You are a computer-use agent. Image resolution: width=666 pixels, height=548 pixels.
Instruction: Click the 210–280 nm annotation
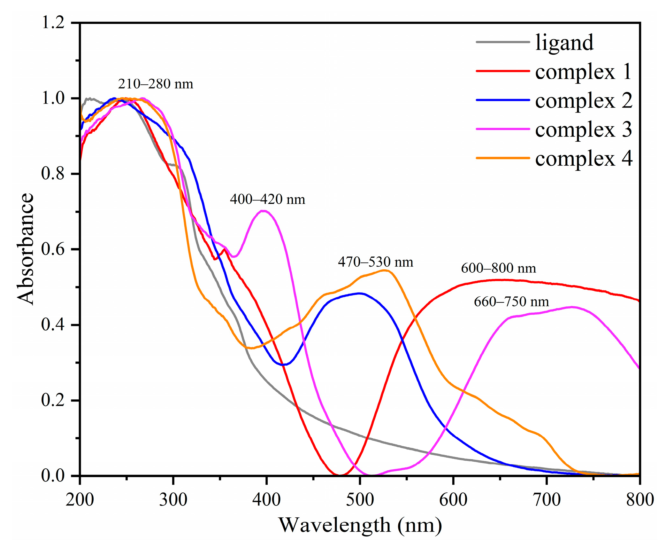tap(156, 84)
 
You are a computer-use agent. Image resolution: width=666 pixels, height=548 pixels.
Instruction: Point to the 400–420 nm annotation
tap(267, 200)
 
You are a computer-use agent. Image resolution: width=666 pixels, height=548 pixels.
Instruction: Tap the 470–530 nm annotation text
tap(375, 262)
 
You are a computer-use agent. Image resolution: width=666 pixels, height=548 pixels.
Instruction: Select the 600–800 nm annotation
tap(498, 268)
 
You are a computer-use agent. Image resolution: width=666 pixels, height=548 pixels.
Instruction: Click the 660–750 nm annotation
tap(511, 302)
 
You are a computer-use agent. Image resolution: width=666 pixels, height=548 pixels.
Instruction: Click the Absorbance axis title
tap(26, 249)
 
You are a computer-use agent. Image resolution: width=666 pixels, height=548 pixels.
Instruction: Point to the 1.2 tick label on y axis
tap(53, 23)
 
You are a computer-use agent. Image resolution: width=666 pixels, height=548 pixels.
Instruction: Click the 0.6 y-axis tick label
tap(53, 249)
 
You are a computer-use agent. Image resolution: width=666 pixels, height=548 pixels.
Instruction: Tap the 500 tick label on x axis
tap(360, 499)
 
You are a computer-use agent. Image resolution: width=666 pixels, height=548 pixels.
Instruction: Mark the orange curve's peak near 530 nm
tap(385, 270)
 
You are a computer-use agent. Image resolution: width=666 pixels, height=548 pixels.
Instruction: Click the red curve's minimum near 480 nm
tap(341, 475)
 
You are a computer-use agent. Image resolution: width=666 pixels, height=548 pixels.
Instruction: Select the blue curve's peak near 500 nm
tap(359, 293)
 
